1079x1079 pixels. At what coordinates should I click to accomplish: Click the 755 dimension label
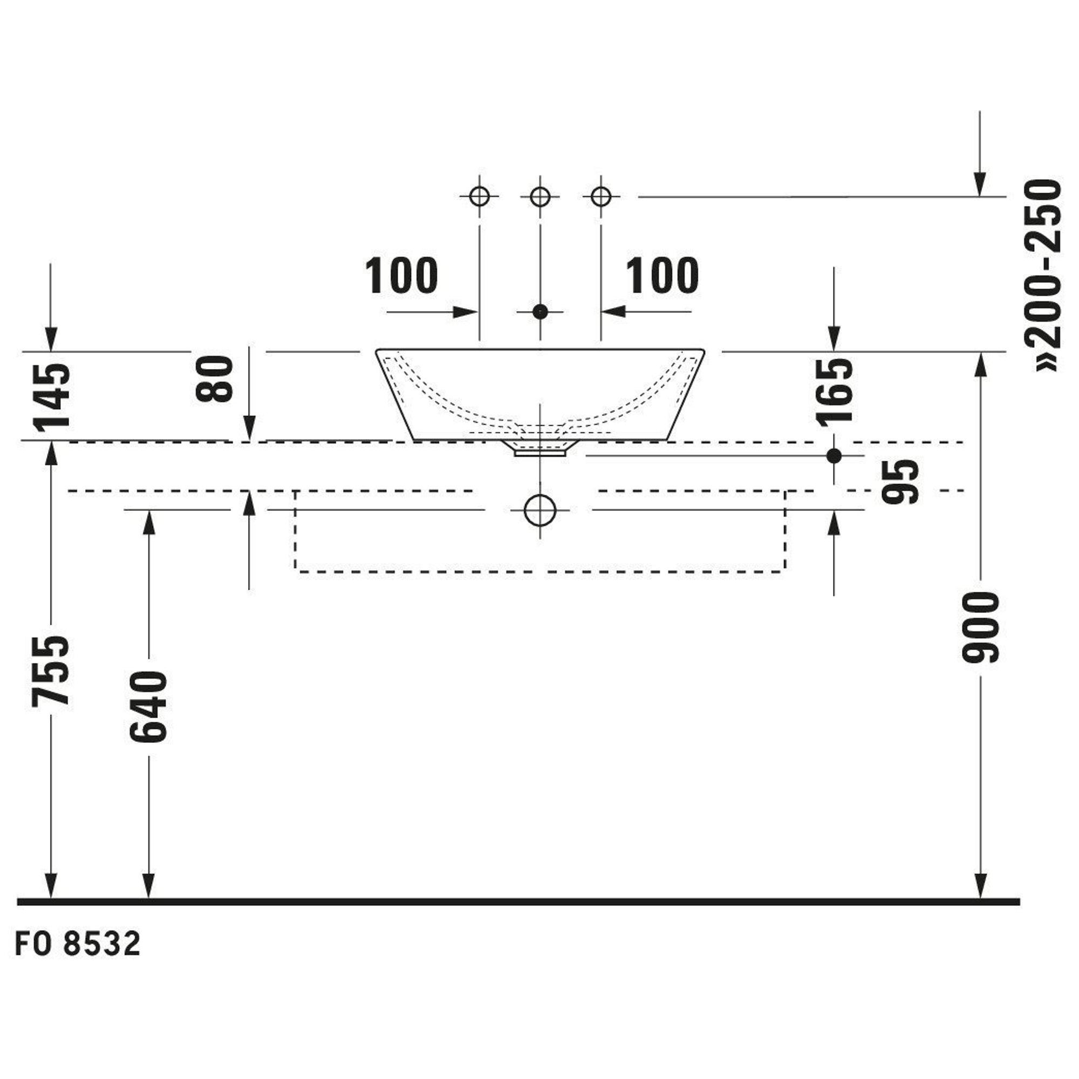click(51, 671)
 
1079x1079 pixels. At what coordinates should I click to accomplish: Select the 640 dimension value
click(148, 707)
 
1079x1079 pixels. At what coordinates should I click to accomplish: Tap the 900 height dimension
click(980, 628)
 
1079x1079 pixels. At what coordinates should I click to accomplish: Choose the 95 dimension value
click(900, 481)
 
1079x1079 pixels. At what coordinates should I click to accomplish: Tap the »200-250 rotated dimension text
click(1042, 275)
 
